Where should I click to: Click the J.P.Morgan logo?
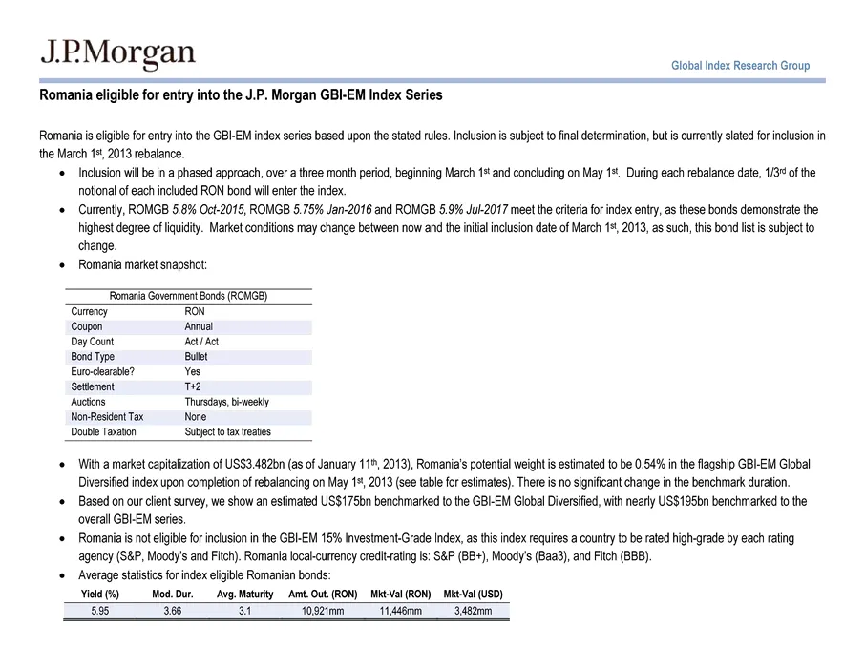point(116,54)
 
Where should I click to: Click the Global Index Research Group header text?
point(740,66)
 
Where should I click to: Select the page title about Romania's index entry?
point(241,96)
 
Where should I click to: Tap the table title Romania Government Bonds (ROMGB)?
point(187,296)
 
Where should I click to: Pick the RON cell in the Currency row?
point(195,311)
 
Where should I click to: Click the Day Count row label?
point(93,342)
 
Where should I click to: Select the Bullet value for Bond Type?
point(196,357)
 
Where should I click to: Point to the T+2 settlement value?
point(194,386)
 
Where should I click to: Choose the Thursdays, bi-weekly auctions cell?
point(226,402)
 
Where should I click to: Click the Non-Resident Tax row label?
point(107,417)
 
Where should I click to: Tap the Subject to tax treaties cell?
point(227,432)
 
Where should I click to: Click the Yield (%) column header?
point(99,595)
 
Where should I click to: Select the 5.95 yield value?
point(99,611)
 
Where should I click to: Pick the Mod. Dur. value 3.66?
point(172,611)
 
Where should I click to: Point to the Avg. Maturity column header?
point(244,595)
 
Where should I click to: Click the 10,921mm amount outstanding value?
point(323,611)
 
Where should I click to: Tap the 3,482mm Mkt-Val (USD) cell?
point(473,611)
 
